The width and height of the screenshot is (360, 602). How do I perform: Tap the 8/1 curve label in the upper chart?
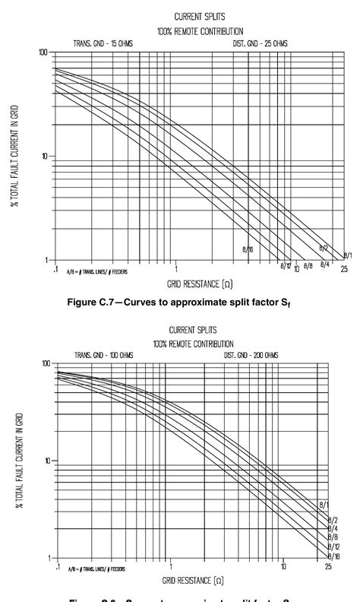tap(347, 255)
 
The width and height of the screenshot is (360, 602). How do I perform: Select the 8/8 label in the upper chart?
tap(308, 266)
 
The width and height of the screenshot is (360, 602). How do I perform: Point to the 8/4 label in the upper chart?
tap(324, 263)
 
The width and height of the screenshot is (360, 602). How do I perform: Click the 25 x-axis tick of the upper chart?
tap(344, 269)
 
